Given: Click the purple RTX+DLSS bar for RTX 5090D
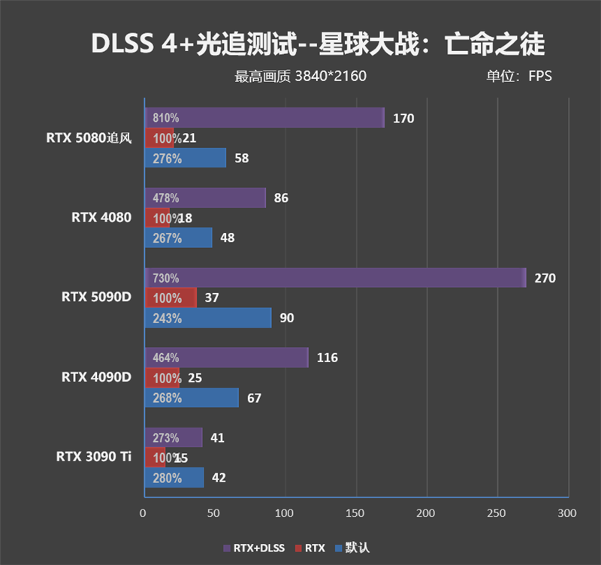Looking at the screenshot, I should (x=334, y=278).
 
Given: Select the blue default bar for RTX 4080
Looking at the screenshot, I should (x=178, y=238).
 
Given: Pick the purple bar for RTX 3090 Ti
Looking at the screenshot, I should (x=173, y=438).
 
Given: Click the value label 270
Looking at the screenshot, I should (x=545, y=278).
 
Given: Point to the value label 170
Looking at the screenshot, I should (x=403, y=118).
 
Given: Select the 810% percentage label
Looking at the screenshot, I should (x=165, y=118).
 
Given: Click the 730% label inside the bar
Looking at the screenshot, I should (x=165, y=278).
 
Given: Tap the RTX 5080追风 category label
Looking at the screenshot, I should (x=89, y=137).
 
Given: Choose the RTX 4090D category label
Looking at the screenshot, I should (x=96, y=377).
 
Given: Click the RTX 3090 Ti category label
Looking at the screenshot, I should (x=93, y=457).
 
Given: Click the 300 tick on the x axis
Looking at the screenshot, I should (x=567, y=513).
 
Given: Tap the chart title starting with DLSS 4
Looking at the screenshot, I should (x=318, y=44).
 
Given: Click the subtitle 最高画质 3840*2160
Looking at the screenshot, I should (x=300, y=76).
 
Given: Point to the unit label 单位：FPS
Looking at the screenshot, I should (x=518, y=76).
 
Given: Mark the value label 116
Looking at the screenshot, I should (x=328, y=358).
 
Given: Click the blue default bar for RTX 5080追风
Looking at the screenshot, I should (x=185, y=159).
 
